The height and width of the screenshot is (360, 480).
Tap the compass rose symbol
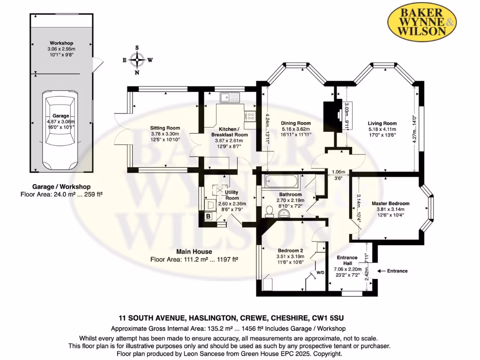click(137, 60)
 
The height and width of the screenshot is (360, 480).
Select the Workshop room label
click(61, 43)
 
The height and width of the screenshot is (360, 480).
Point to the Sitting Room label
click(165, 128)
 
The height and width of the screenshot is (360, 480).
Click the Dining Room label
click(296, 123)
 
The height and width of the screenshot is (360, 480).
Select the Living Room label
click(382, 123)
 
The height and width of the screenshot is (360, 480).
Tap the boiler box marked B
click(208, 217)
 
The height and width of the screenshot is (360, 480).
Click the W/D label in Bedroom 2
click(321, 271)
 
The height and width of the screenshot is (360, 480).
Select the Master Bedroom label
click(390, 203)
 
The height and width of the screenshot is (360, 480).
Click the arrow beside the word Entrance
click(380, 271)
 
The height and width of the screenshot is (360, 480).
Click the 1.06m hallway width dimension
click(338, 172)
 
